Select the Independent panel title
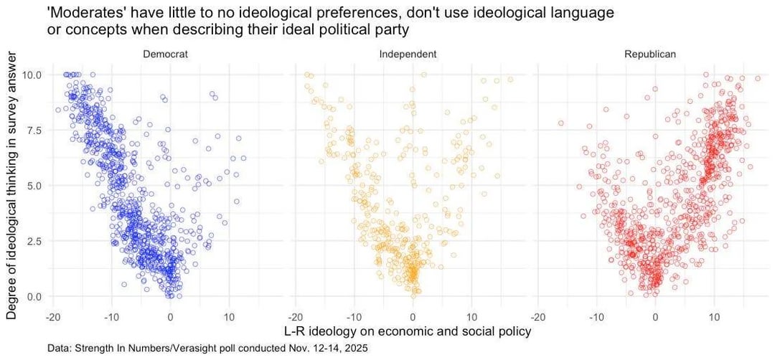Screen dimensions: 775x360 408,55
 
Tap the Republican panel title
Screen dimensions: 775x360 650,55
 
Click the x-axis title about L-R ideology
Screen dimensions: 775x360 408,331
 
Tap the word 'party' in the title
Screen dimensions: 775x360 393,29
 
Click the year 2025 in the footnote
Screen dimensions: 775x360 357,349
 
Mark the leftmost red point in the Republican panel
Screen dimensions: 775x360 561,123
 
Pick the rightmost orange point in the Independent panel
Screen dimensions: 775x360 511,79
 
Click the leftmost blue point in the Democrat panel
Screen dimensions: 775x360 58,110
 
